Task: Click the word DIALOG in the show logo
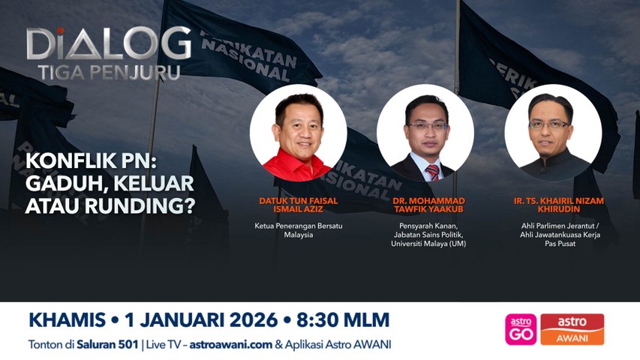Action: click(x=109, y=43)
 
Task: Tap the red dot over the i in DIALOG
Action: click(x=60, y=31)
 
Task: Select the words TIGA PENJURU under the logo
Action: click(x=110, y=73)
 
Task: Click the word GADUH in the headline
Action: click(x=63, y=184)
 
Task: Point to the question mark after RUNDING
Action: click(x=188, y=206)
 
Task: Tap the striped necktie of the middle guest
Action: click(x=432, y=172)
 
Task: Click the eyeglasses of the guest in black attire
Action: click(x=549, y=124)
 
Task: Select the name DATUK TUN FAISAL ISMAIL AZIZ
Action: click(x=299, y=205)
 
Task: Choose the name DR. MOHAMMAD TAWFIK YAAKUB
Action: click(x=428, y=205)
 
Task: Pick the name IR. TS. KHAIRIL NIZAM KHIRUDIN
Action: click(x=559, y=205)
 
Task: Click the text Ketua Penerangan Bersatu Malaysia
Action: click(x=299, y=230)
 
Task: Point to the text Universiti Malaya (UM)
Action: click(x=428, y=244)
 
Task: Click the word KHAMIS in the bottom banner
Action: click(x=68, y=320)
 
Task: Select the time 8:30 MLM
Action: click(x=343, y=320)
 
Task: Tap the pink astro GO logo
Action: click(x=521, y=329)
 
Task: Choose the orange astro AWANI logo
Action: click(x=572, y=329)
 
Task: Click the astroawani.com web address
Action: click(x=230, y=344)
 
